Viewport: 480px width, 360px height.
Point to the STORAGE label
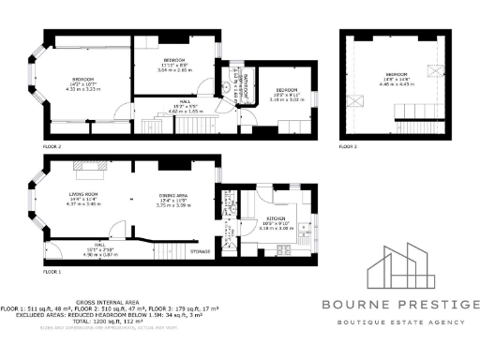coord(200,251)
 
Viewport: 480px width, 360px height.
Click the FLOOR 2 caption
coord(52,147)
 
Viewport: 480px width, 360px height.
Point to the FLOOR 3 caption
coord(348,147)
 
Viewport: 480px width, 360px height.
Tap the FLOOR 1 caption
coord(52,271)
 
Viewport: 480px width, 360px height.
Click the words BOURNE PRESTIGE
coord(401,304)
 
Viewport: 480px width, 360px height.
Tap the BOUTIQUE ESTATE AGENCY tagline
coord(401,322)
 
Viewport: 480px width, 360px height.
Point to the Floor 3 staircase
coord(416,112)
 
